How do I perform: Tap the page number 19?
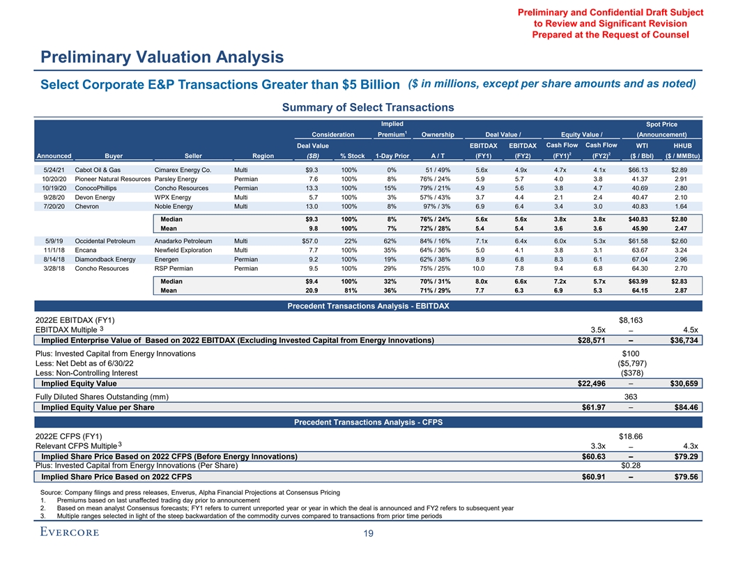368,534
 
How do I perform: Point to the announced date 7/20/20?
54,206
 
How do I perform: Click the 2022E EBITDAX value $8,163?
634,320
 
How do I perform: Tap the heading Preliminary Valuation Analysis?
162,56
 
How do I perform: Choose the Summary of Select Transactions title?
367,107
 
